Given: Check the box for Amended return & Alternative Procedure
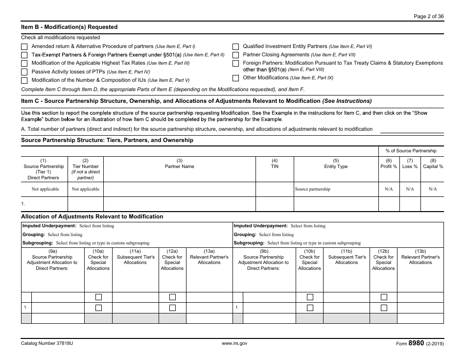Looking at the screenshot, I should point(24,47).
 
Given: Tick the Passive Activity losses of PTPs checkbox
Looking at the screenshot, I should point(24,72).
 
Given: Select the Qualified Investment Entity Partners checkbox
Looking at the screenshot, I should point(235,47).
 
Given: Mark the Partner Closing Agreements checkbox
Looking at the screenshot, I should point(235,55).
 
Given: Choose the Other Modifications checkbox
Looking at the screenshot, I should point(235,78).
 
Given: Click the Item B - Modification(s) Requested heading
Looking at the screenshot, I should point(69,27).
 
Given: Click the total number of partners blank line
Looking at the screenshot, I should point(412,129).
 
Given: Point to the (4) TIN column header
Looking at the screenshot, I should point(275,164).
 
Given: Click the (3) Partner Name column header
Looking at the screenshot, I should point(179,164).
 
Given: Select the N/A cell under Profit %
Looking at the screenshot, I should point(389,189).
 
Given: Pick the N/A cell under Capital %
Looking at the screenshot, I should point(433,189).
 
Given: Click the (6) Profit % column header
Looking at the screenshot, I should point(389,164).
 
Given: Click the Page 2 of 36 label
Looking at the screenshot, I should point(429,16).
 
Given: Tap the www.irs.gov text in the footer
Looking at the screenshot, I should point(234,344).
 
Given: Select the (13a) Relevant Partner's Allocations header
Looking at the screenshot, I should point(209,260).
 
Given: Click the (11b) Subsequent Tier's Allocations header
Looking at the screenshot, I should point(347,260).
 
